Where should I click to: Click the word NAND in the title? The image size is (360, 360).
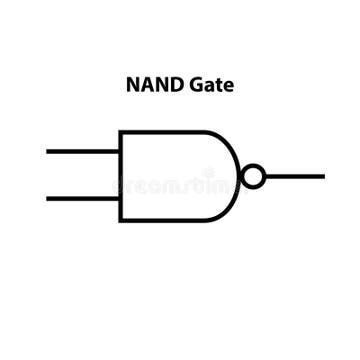151,86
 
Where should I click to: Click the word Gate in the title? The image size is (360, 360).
210,86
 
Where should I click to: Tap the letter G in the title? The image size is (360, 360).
193,86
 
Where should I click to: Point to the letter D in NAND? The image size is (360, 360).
171,86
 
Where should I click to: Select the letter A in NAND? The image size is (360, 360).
145,86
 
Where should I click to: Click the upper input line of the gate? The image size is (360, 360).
82,152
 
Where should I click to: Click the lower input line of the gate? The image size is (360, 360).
82,198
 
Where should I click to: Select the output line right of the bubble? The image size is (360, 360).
295,176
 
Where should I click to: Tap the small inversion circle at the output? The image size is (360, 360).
254,176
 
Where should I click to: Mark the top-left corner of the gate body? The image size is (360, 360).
120,132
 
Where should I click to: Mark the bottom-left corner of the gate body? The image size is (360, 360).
120,220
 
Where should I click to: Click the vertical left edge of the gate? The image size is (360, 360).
120,176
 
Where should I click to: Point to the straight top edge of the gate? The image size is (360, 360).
160,132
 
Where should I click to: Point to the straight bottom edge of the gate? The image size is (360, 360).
160,220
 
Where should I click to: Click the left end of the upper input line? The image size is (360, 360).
48,152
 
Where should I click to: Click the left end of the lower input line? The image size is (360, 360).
48,198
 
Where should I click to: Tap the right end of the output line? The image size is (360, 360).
323,176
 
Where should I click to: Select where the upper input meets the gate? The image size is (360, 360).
119,152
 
